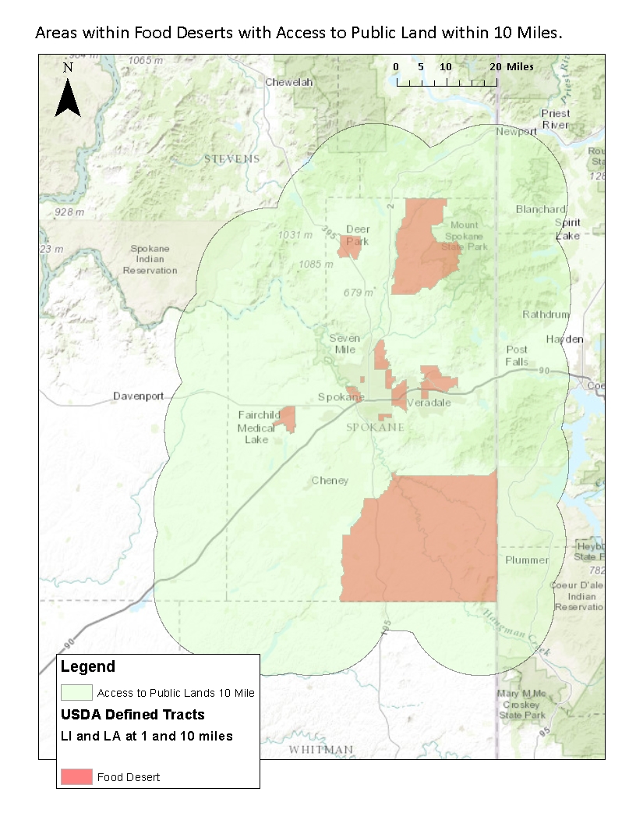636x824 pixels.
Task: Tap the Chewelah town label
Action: (x=288, y=82)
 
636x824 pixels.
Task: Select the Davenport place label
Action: (x=138, y=396)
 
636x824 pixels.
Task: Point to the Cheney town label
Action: (x=330, y=480)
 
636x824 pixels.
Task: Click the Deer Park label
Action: (x=358, y=235)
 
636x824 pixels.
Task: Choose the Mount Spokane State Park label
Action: (x=465, y=236)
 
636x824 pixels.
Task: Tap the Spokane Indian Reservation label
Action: (x=150, y=260)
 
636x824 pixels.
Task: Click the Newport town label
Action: (x=517, y=131)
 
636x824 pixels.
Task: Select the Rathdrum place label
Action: (x=546, y=314)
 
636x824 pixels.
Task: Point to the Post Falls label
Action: (x=517, y=355)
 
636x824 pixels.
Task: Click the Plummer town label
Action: (x=526, y=560)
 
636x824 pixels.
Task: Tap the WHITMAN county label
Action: (x=320, y=750)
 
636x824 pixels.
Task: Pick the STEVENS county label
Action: (x=231, y=158)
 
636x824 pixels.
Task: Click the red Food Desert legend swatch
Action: (x=76, y=776)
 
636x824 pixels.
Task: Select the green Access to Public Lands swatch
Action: (x=76, y=692)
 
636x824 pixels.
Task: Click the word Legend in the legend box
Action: (x=88, y=666)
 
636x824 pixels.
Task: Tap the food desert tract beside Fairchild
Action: (x=288, y=418)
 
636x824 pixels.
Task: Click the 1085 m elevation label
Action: (x=316, y=265)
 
